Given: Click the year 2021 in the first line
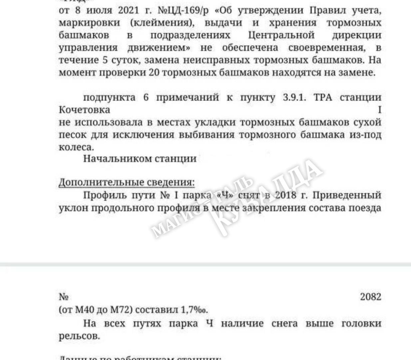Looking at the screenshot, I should [128, 10].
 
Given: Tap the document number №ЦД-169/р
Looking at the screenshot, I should [183, 10].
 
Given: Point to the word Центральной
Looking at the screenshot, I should [281, 35].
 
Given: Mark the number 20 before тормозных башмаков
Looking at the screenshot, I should [154, 73].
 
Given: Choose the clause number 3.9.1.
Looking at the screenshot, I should [294, 97].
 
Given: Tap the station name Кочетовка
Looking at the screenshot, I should [84, 110].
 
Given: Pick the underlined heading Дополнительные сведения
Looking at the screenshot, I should [127, 182].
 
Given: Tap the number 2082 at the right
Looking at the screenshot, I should [370, 297].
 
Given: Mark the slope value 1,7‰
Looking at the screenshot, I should [195, 310].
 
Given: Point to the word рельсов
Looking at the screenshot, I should [79, 336].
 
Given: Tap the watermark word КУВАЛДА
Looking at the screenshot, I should [266, 197].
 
